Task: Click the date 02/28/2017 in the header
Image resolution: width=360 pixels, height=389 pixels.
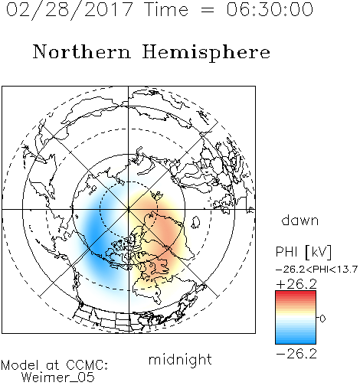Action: (x=70, y=10)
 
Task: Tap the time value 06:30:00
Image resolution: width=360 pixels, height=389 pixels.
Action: (x=270, y=9)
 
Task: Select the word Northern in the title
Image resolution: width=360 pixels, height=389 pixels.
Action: (x=82, y=51)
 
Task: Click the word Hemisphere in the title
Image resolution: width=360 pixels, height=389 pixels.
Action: (x=206, y=53)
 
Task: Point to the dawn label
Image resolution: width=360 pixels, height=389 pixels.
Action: (x=300, y=221)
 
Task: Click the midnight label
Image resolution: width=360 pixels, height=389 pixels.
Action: (x=180, y=359)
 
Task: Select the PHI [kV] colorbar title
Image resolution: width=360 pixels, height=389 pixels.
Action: (x=303, y=252)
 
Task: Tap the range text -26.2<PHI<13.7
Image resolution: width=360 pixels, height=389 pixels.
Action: (x=316, y=270)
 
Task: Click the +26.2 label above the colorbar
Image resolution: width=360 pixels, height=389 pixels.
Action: (x=296, y=284)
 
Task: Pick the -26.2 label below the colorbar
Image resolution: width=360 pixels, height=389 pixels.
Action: (x=296, y=354)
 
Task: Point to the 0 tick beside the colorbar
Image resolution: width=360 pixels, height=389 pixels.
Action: (x=322, y=319)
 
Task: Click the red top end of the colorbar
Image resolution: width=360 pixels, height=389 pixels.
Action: (x=296, y=293)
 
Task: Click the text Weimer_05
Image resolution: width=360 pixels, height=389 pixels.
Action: (x=57, y=378)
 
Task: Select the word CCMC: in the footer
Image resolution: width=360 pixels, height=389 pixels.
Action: (x=87, y=365)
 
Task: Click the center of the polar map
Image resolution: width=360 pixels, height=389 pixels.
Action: (x=129, y=210)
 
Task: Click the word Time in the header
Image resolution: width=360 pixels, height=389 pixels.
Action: (x=166, y=10)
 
